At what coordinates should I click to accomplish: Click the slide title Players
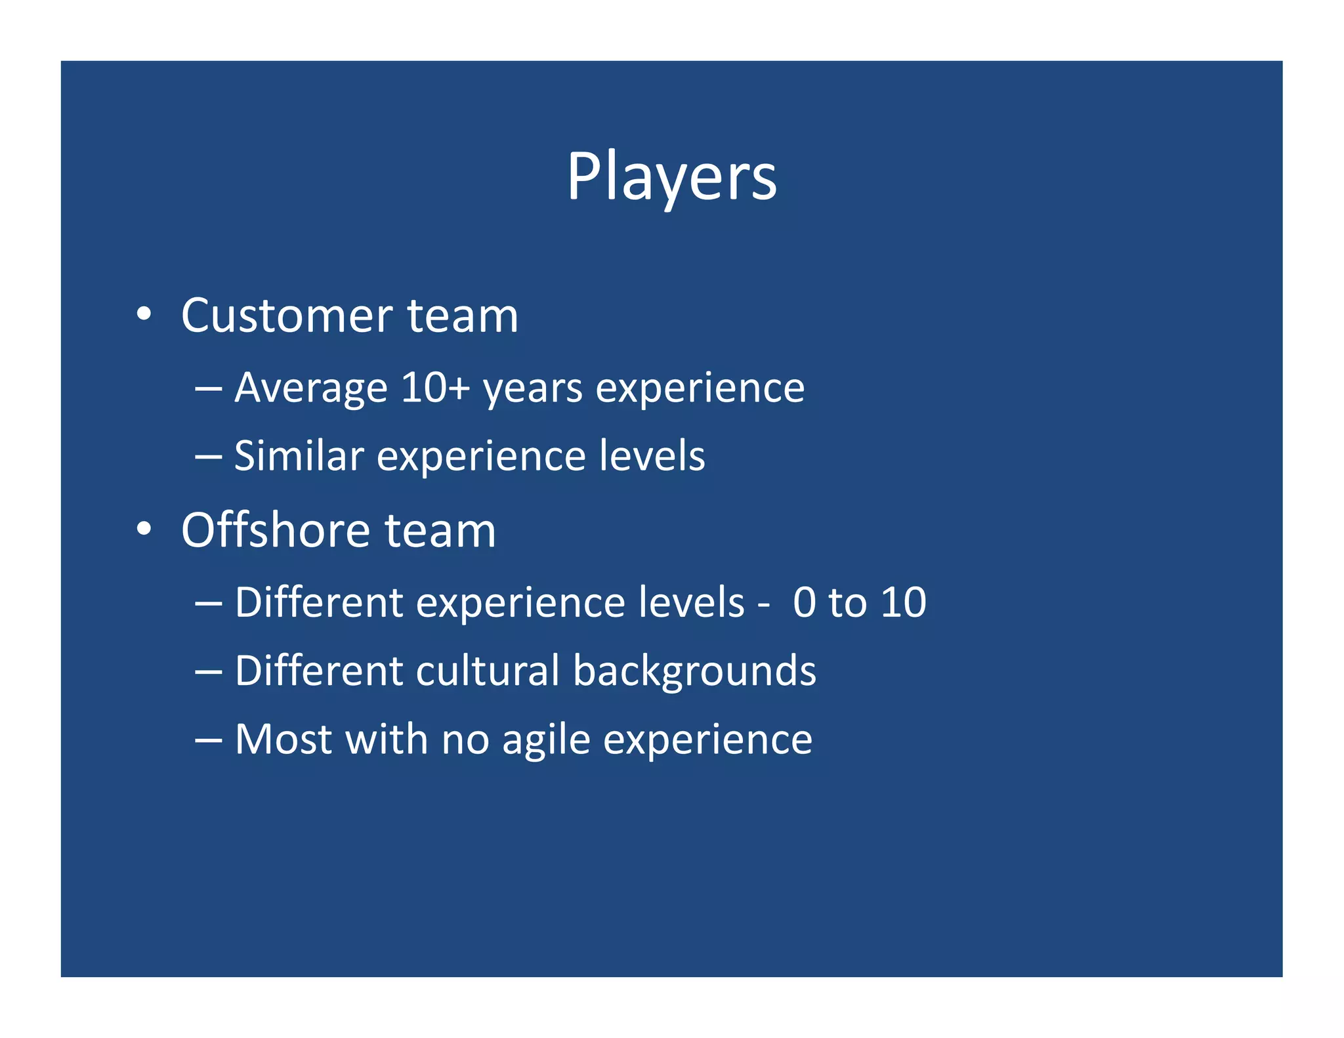tap(671, 176)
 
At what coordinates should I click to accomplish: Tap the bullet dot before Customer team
tap(144, 314)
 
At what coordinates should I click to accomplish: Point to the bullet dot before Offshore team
tap(144, 528)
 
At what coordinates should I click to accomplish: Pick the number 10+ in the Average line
tap(436, 387)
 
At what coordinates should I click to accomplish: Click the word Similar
tap(299, 455)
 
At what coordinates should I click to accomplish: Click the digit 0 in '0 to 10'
tap(804, 602)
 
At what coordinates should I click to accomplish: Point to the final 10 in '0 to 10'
tap(903, 602)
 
